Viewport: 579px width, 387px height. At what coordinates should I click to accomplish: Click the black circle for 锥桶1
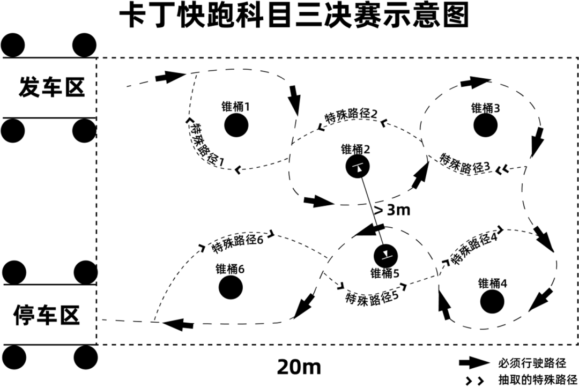point(236,125)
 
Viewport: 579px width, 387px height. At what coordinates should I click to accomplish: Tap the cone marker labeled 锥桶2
point(358,167)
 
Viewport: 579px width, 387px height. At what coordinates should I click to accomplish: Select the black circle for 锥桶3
point(486,125)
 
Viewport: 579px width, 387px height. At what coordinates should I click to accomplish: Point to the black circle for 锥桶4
point(492,301)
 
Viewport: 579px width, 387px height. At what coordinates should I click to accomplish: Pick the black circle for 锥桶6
point(231,287)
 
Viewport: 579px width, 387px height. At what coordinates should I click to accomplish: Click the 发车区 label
point(51,87)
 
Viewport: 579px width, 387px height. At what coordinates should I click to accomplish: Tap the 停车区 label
point(47,315)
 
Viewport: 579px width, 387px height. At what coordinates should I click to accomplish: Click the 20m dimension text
point(299,367)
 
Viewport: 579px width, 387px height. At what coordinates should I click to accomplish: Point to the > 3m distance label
point(392,210)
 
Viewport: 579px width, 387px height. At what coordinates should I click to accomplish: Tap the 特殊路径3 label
point(465,163)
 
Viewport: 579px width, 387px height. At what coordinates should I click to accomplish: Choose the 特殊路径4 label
point(474,247)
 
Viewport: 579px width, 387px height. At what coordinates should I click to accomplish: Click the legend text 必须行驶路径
point(532,363)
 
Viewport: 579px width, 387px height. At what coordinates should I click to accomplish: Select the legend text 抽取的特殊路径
point(537,379)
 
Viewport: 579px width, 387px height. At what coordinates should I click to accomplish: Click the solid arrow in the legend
point(475,363)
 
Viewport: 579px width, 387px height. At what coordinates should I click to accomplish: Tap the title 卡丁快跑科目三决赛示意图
point(294,16)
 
